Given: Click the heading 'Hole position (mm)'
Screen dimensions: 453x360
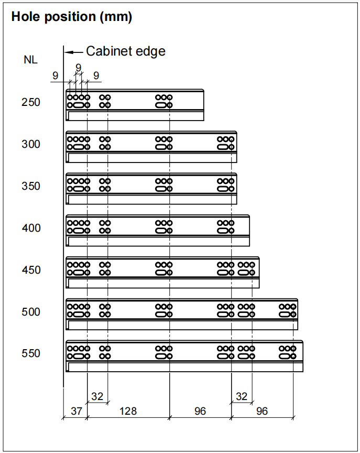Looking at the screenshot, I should coord(71,17).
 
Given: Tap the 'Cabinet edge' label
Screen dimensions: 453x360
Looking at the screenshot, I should coord(126,51).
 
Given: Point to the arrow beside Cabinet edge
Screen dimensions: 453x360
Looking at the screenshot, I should coord(74,51).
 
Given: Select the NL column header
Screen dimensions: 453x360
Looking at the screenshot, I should coord(31,60).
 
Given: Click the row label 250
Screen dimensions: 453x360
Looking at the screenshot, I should coord(31,102).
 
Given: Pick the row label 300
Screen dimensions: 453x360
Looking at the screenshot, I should coord(31,144).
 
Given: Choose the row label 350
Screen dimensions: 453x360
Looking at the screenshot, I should coord(31,186).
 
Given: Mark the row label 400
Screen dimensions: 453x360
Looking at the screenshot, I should coord(31,228).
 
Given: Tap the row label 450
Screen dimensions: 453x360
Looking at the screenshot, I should coord(31,270).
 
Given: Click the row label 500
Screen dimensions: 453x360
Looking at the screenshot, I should coord(31,312).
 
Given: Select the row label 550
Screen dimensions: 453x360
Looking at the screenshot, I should coord(31,353).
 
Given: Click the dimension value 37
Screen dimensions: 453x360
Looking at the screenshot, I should coord(77,412).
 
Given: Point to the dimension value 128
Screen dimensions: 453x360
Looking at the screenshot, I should coord(127,412).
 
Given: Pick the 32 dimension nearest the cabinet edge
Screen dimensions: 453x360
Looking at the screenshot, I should coord(97,396).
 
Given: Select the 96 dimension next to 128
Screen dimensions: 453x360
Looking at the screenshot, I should coord(200,412).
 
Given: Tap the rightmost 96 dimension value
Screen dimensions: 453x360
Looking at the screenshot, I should coord(262,412).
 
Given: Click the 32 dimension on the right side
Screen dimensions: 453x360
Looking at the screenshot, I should coord(241,396).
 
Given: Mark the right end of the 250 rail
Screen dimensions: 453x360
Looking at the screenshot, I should coord(202,105).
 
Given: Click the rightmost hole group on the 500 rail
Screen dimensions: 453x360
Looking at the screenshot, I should coord(287,310).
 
